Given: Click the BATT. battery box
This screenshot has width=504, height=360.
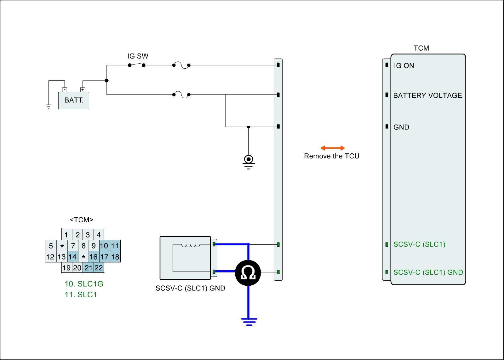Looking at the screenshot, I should [x=74, y=100].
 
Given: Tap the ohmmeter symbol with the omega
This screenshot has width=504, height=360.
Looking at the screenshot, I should [x=248, y=272].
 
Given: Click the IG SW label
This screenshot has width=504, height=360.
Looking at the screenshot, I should [x=138, y=56].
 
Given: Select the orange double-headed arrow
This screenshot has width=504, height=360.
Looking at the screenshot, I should [x=333, y=148].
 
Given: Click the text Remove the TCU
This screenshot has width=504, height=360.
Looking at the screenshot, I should [x=331, y=156].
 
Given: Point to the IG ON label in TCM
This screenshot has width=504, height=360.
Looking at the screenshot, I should [x=404, y=66].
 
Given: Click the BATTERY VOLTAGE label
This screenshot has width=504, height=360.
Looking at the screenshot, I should [x=427, y=95].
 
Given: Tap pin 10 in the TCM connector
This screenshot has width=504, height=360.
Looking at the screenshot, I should [x=104, y=246].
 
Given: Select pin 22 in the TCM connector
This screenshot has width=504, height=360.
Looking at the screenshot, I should [x=99, y=268].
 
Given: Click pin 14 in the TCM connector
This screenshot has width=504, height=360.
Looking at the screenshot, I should [x=72, y=257].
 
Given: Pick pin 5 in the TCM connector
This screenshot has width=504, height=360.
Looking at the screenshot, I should [x=51, y=246].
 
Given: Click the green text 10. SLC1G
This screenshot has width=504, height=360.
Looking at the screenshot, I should [x=84, y=284].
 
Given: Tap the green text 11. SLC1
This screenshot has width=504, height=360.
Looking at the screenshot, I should [x=81, y=295].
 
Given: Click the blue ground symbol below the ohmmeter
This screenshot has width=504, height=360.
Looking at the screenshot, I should [x=249, y=322].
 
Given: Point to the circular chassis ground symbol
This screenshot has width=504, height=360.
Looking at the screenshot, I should [x=249, y=159].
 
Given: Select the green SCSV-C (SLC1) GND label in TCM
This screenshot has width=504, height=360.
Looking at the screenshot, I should [x=428, y=272].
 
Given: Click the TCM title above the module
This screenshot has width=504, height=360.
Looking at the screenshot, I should [x=421, y=48].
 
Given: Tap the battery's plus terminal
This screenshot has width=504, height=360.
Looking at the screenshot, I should [x=83, y=90].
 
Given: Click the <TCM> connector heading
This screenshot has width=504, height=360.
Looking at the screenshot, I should [x=82, y=220].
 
